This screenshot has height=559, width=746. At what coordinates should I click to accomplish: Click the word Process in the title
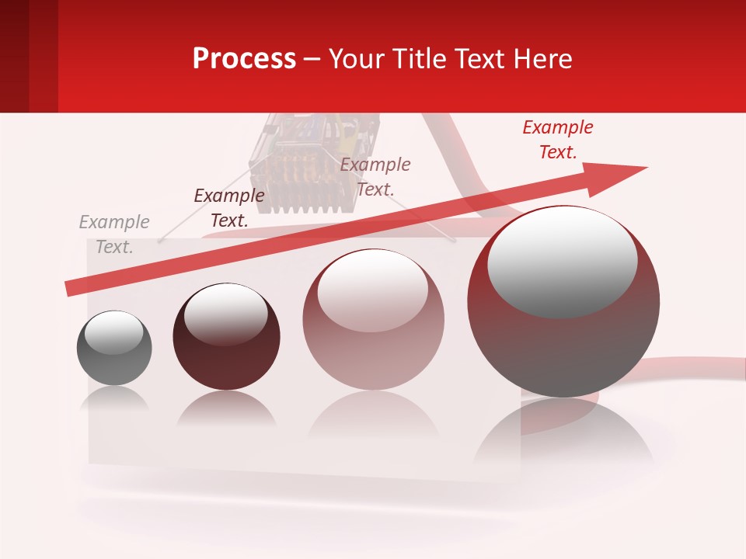click(244, 58)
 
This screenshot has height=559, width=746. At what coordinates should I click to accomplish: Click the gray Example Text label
click(114, 234)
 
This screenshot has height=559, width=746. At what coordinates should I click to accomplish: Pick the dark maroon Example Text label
click(229, 208)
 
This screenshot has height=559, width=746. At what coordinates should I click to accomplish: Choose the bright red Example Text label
click(558, 140)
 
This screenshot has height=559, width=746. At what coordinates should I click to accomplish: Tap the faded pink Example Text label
click(375, 176)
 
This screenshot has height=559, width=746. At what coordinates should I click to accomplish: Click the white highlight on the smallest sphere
click(113, 332)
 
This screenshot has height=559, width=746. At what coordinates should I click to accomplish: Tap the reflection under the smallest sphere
click(114, 398)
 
